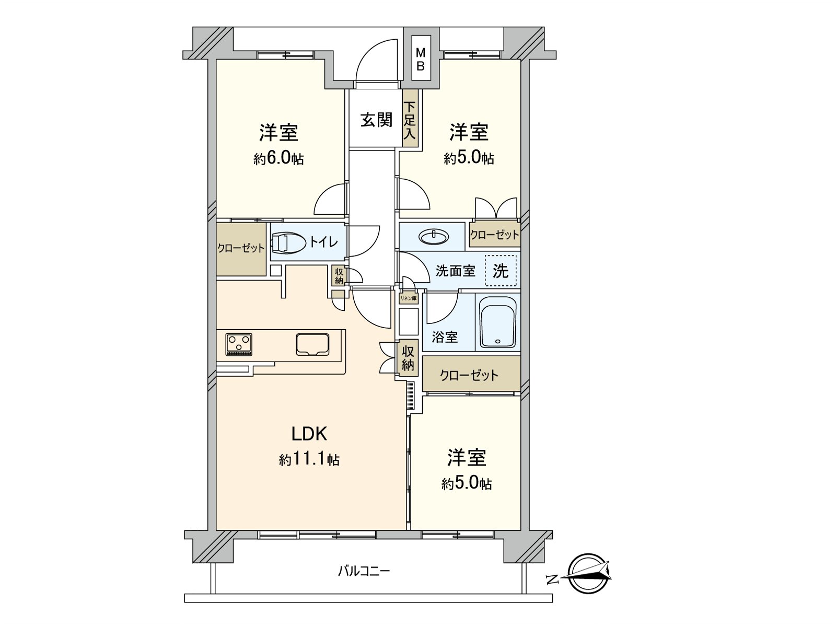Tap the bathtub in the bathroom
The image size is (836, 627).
[498, 322]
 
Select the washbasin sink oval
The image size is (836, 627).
[434, 237]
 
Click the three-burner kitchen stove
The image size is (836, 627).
[239, 344]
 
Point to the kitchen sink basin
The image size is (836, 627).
[312, 344]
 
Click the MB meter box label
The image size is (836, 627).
[421, 60]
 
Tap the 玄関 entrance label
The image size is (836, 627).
[376, 120]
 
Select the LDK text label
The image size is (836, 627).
[309, 434]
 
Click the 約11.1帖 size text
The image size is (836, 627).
[309, 460]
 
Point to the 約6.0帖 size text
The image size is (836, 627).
[279, 158]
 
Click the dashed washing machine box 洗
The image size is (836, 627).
[501, 271]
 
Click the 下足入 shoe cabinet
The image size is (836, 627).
[410, 119]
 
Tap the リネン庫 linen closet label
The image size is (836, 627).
[408, 298]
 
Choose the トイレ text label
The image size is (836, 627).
[323, 241]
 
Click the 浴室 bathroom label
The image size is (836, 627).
[445, 337]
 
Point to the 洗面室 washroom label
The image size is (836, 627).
[456, 271]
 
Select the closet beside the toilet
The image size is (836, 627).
[241, 249]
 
